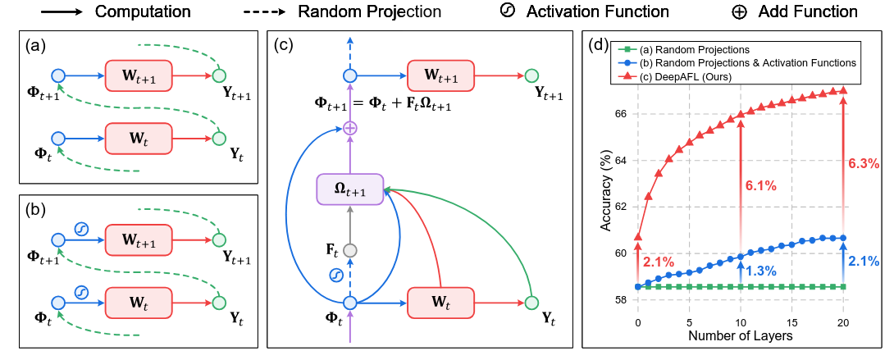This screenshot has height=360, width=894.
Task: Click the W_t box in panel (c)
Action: [x=440, y=303]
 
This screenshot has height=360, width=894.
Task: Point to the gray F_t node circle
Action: [x=350, y=250]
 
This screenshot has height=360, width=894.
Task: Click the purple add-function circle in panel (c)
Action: [x=350, y=128]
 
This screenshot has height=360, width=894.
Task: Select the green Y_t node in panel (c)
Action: [x=531, y=303]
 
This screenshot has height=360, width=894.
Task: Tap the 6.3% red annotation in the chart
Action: [x=862, y=163]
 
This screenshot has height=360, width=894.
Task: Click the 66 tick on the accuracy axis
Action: [x=620, y=113]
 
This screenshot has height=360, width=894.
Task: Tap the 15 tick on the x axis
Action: [x=792, y=322]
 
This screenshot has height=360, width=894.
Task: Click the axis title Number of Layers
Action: [x=740, y=336]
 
